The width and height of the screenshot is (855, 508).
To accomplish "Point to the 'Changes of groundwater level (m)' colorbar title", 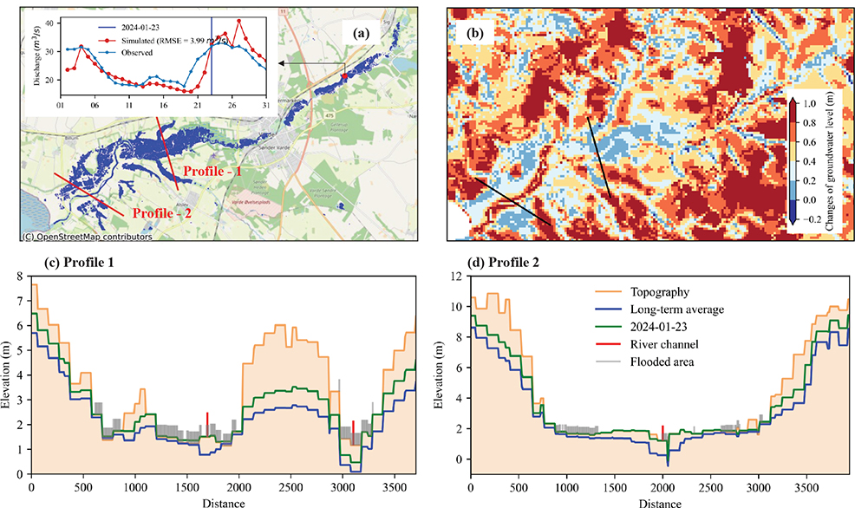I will [833, 161].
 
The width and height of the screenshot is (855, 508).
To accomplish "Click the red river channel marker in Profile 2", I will [662, 432].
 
